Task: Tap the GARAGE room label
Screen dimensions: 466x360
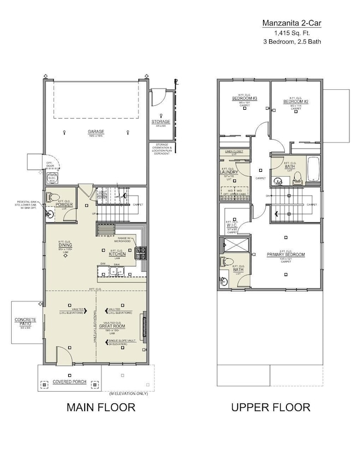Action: [x=95, y=132]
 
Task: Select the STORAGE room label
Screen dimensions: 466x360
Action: [x=161, y=122]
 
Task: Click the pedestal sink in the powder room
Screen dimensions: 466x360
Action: [x=51, y=213]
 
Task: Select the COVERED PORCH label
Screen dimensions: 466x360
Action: [x=69, y=382]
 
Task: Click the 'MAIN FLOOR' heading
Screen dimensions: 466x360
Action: [x=101, y=408]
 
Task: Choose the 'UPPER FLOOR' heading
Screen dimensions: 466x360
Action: [x=271, y=408]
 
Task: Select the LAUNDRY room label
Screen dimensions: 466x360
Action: [x=229, y=172]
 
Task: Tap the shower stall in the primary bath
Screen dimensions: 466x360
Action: [x=234, y=244]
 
